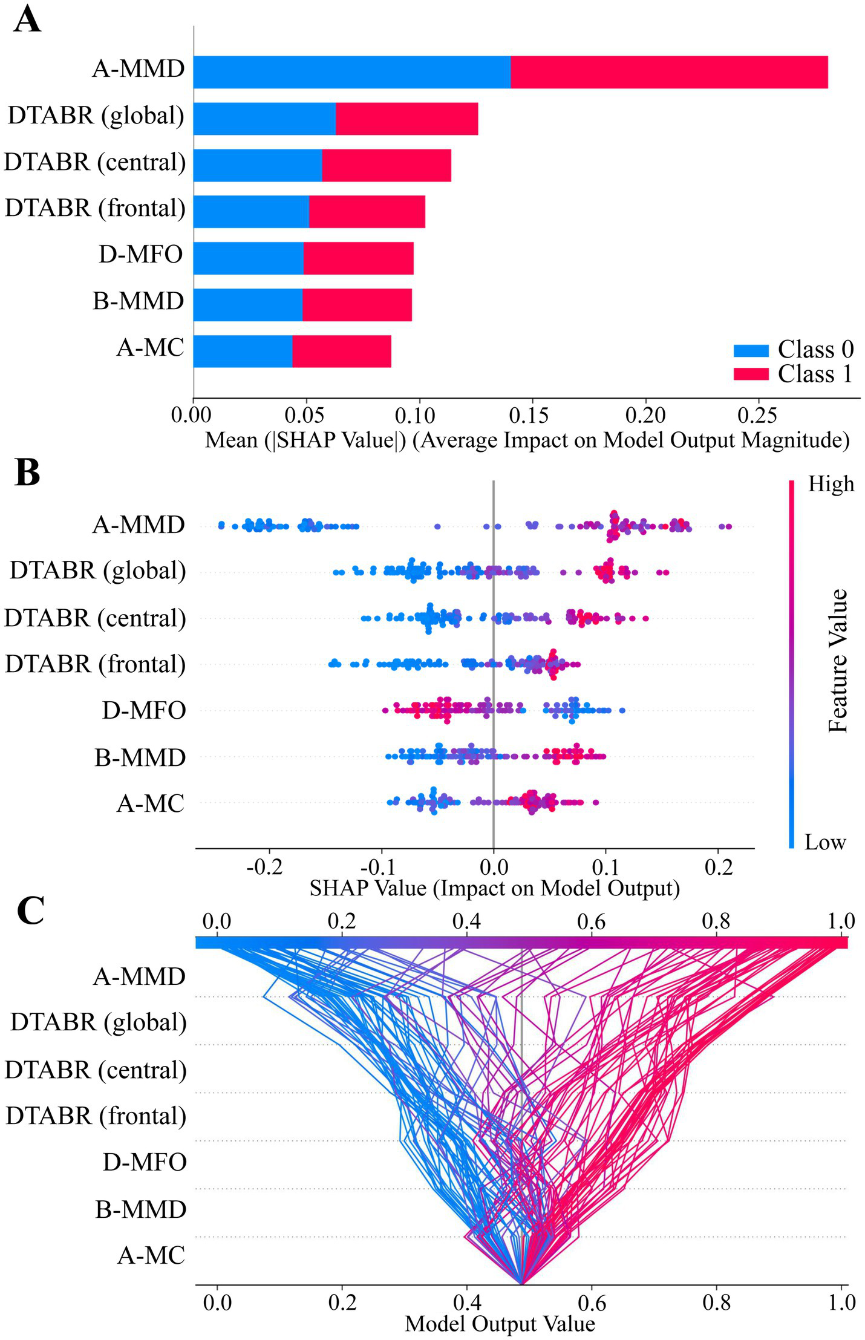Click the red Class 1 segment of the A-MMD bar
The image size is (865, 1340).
pyautogui.click(x=668, y=72)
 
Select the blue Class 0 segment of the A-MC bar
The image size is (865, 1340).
pyautogui.click(x=243, y=351)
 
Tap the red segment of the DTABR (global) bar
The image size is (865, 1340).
pyautogui.click(x=406, y=119)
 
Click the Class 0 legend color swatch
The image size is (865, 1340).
pyautogui.click(x=751, y=350)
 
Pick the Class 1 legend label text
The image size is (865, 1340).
pyautogui.click(x=815, y=374)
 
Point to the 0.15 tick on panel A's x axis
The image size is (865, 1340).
pyautogui.click(x=532, y=416)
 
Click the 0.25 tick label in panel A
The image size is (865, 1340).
pyautogui.click(x=758, y=416)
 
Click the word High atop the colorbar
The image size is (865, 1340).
pyautogui.click(x=831, y=484)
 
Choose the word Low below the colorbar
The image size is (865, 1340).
pyautogui.click(x=824, y=842)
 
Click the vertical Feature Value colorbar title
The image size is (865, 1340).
pyautogui.click(x=838, y=661)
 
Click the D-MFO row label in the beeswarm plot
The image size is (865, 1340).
pyautogui.click(x=143, y=710)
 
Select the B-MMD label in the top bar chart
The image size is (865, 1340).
pyautogui.click(x=138, y=301)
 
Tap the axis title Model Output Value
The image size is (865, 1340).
pyautogui.click(x=500, y=1323)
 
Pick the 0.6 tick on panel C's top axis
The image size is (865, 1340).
pyautogui.click(x=591, y=922)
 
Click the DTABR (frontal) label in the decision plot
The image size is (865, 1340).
pyautogui.click(x=96, y=1116)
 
